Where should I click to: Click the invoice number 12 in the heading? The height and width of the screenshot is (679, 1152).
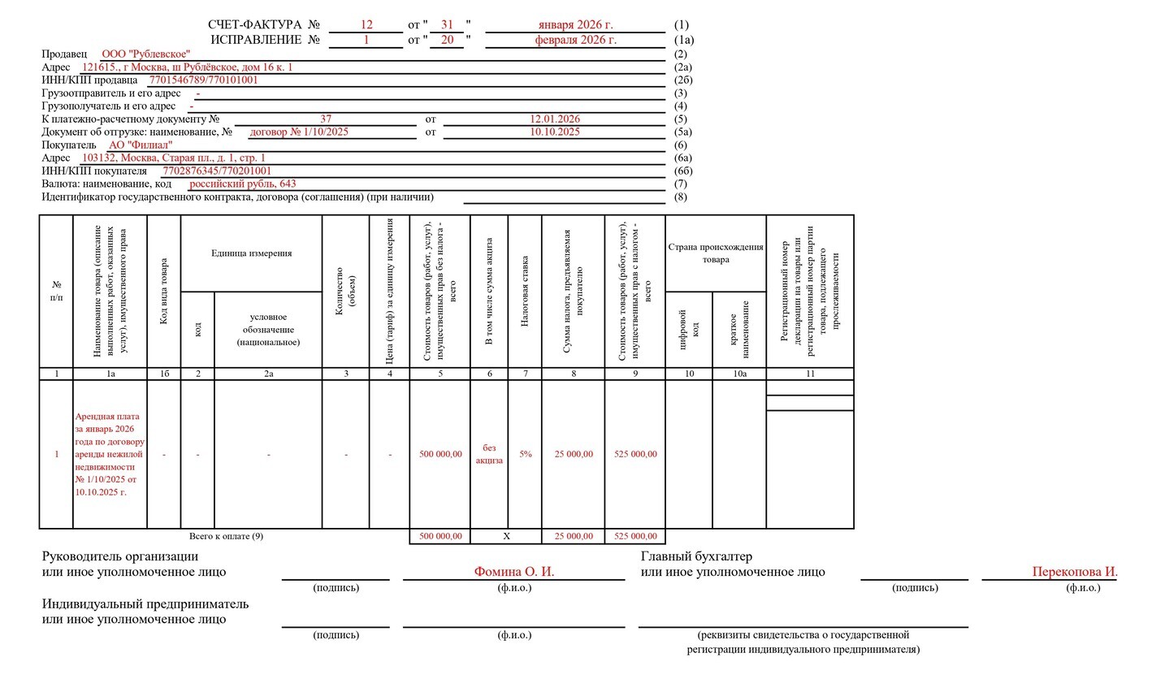pos(366,25)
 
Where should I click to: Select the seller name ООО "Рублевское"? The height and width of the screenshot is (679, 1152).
pos(146,54)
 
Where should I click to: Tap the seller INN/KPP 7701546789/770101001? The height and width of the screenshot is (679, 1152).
pos(203,80)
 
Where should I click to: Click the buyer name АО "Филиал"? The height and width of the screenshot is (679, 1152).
pos(141,145)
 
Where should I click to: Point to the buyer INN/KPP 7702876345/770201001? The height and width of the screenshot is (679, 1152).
pos(217,171)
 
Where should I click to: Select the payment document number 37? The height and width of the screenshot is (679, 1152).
pos(326,119)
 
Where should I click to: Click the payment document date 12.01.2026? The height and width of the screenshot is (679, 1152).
pos(555,119)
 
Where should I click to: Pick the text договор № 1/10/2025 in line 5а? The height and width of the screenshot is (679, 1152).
pos(299,132)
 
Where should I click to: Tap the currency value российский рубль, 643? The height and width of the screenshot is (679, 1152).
pos(242,184)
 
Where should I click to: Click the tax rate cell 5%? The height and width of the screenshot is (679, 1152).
pos(526,454)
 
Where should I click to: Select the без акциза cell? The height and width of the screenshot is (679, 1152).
pos(489,454)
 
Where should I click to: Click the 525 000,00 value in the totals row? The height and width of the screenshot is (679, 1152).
pos(635,536)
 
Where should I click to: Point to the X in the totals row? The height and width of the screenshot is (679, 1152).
pos(507,536)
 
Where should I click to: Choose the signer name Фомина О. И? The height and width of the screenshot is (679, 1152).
pos(514,572)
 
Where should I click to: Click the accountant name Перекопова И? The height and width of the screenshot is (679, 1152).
pos(1074,572)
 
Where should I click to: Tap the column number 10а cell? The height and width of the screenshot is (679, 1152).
pos(739,374)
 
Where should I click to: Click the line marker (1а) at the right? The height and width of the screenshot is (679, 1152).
pos(684,39)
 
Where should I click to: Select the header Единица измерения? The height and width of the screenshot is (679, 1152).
pos(251,253)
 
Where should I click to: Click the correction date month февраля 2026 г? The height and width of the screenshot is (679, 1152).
pos(575,39)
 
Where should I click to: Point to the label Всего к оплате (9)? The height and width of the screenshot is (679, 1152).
pos(226,536)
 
